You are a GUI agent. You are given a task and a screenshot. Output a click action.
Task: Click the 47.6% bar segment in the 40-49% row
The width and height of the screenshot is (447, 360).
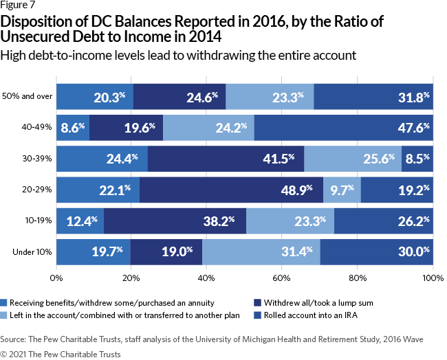[x=344, y=127]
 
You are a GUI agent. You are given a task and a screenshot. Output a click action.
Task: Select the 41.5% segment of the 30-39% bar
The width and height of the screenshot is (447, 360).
[x=226, y=158]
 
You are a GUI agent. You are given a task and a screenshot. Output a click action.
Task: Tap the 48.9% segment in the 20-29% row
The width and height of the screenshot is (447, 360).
[x=231, y=190]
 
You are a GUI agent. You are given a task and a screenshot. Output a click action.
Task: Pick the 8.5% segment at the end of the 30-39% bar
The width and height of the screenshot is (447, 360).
[x=417, y=158]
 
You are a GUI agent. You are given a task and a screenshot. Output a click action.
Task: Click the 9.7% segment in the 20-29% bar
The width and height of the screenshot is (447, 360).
[x=342, y=190]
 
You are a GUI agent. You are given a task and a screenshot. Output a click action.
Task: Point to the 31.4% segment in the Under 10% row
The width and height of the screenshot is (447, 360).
[x=261, y=252]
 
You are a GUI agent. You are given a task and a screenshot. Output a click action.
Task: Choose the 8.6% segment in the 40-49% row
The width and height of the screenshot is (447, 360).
[x=73, y=127]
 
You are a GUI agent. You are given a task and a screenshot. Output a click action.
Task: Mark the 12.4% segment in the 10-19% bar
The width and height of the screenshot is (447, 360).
[x=80, y=221]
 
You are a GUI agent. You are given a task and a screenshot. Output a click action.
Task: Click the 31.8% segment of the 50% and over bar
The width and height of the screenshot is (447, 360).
[x=373, y=96]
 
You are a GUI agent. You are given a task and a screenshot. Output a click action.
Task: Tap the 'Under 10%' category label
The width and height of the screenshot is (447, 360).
[x=32, y=252]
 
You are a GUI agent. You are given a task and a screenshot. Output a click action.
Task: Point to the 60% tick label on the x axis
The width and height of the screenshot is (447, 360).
[x=282, y=278]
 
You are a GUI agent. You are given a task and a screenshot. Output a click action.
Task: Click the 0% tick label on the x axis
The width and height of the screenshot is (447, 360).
[x=56, y=278]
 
